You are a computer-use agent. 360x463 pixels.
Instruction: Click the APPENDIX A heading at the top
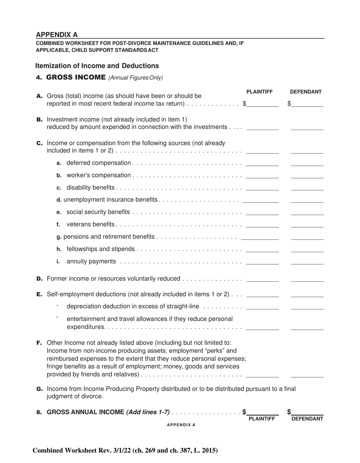[x=57, y=35]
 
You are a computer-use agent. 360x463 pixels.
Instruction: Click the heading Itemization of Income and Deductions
[x=97, y=66]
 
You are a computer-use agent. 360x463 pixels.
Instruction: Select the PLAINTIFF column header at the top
[x=260, y=92]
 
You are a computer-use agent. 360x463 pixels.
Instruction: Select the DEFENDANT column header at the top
[x=306, y=92]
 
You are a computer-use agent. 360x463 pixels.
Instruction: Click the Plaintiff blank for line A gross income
[x=263, y=104]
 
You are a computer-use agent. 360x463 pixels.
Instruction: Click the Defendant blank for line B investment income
[x=307, y=127]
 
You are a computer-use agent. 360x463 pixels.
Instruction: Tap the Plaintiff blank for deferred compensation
[x=263, y=163]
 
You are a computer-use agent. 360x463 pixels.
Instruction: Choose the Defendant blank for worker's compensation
[x=307, y=175]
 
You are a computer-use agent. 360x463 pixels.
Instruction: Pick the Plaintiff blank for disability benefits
[x=263, y=187]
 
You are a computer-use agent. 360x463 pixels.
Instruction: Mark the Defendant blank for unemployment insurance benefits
[x=307, y=200]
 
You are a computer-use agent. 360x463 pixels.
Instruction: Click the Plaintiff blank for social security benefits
[x=263, y=212]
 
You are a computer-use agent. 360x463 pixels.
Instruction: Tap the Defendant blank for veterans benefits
[x=307, y=224]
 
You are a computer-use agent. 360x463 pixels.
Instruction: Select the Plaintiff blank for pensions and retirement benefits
[x=260, y=237]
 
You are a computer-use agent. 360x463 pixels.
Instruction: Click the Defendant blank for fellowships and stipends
[x=307, y=249]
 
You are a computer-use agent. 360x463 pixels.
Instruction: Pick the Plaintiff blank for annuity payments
[x=263, y=261]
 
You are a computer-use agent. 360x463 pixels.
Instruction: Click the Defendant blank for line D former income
[x=307, y=279]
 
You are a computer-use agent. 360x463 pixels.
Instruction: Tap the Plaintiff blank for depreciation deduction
[x=263, y=306]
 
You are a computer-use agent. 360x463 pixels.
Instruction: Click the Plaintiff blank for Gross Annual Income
[x=263, y=413]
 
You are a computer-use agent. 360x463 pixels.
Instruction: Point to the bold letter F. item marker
[x=39, y=343]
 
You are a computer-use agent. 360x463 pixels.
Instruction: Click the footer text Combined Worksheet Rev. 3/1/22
[x=125, y=450]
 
